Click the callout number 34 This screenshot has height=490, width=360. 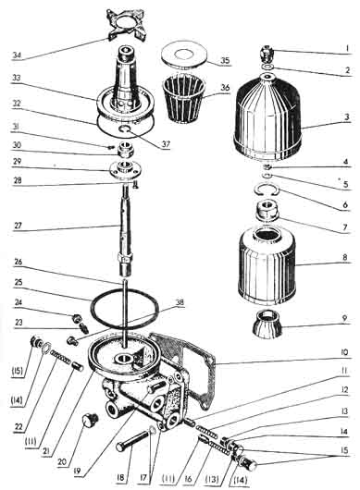[x=17, y=55]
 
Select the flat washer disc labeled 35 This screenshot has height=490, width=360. [x=183, y=57]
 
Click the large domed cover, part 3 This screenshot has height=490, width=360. [x=267, y=116]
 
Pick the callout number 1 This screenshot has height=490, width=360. [x=347, y=49]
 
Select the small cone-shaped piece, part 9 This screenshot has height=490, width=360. [x=267, y=325]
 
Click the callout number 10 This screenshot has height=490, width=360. [x=344, y=353]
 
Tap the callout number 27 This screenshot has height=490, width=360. [x=19, y=226]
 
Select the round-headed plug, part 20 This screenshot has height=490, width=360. [x=90, y=420]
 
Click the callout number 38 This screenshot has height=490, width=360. [x=180, y=302]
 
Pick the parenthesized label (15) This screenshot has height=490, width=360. [x=19, y=372]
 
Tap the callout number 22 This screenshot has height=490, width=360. [x=19, y=427]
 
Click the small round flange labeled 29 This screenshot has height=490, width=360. [x=125, y=169]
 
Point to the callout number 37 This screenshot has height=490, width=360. [x=166, y=144]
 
